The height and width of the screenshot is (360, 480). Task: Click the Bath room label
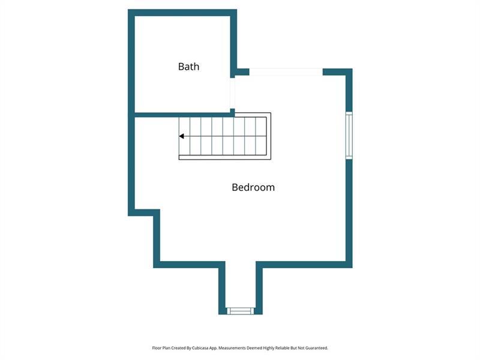coord(188,67)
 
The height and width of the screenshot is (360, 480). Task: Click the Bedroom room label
coord(253,187)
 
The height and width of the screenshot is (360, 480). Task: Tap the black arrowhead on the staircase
coord(182,136)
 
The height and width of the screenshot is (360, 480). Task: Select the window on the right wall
coord(349,136)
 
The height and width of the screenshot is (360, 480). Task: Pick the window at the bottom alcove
coord(241,311)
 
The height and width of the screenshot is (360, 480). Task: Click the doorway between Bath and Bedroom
coord(233,93)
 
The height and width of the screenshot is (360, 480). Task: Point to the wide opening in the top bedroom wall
coord(286,72)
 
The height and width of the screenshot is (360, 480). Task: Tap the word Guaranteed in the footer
coord(317,348)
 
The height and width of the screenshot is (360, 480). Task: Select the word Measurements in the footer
coord(232,348)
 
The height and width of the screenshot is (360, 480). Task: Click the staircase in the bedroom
coord(225,136)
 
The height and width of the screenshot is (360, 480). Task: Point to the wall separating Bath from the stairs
coord(183,115)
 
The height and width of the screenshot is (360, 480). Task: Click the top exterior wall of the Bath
coord(182,13)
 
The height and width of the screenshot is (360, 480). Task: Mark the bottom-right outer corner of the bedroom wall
coord(352,268)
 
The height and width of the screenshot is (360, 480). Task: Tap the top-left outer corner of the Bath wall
coord(128,10)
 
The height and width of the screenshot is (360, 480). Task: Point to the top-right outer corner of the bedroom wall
coord(352,69)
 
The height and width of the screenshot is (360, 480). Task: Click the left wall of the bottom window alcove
coord(222,288)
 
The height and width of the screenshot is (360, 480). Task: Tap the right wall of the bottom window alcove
coord(259,288)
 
